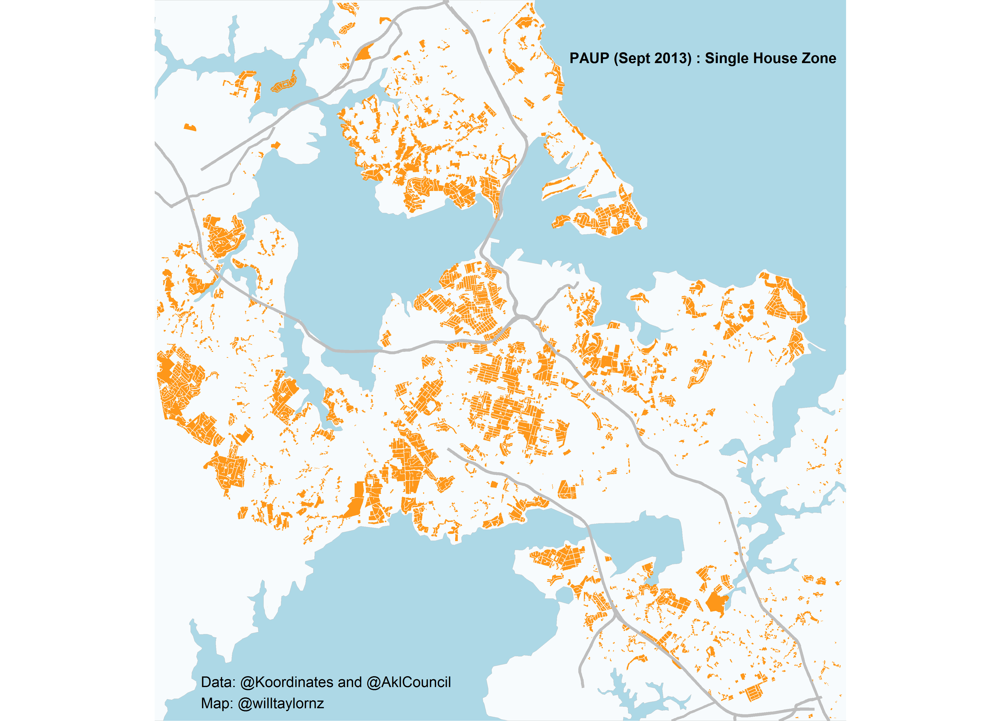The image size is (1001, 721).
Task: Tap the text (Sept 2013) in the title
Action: tap(653, 58)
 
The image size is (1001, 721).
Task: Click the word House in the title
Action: tap(776, 58)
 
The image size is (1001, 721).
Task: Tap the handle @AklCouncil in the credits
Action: tap(409, 682)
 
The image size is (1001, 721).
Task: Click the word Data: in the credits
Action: tap(218, 682)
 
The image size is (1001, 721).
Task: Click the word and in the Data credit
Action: tap(350, 682)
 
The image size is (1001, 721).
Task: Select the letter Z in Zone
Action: tap(806, 58)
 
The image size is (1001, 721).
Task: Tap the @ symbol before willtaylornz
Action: tap(245, 703)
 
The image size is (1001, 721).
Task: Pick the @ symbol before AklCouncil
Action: tap(374, 682)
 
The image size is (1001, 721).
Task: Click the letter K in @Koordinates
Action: tap(260, 682)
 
